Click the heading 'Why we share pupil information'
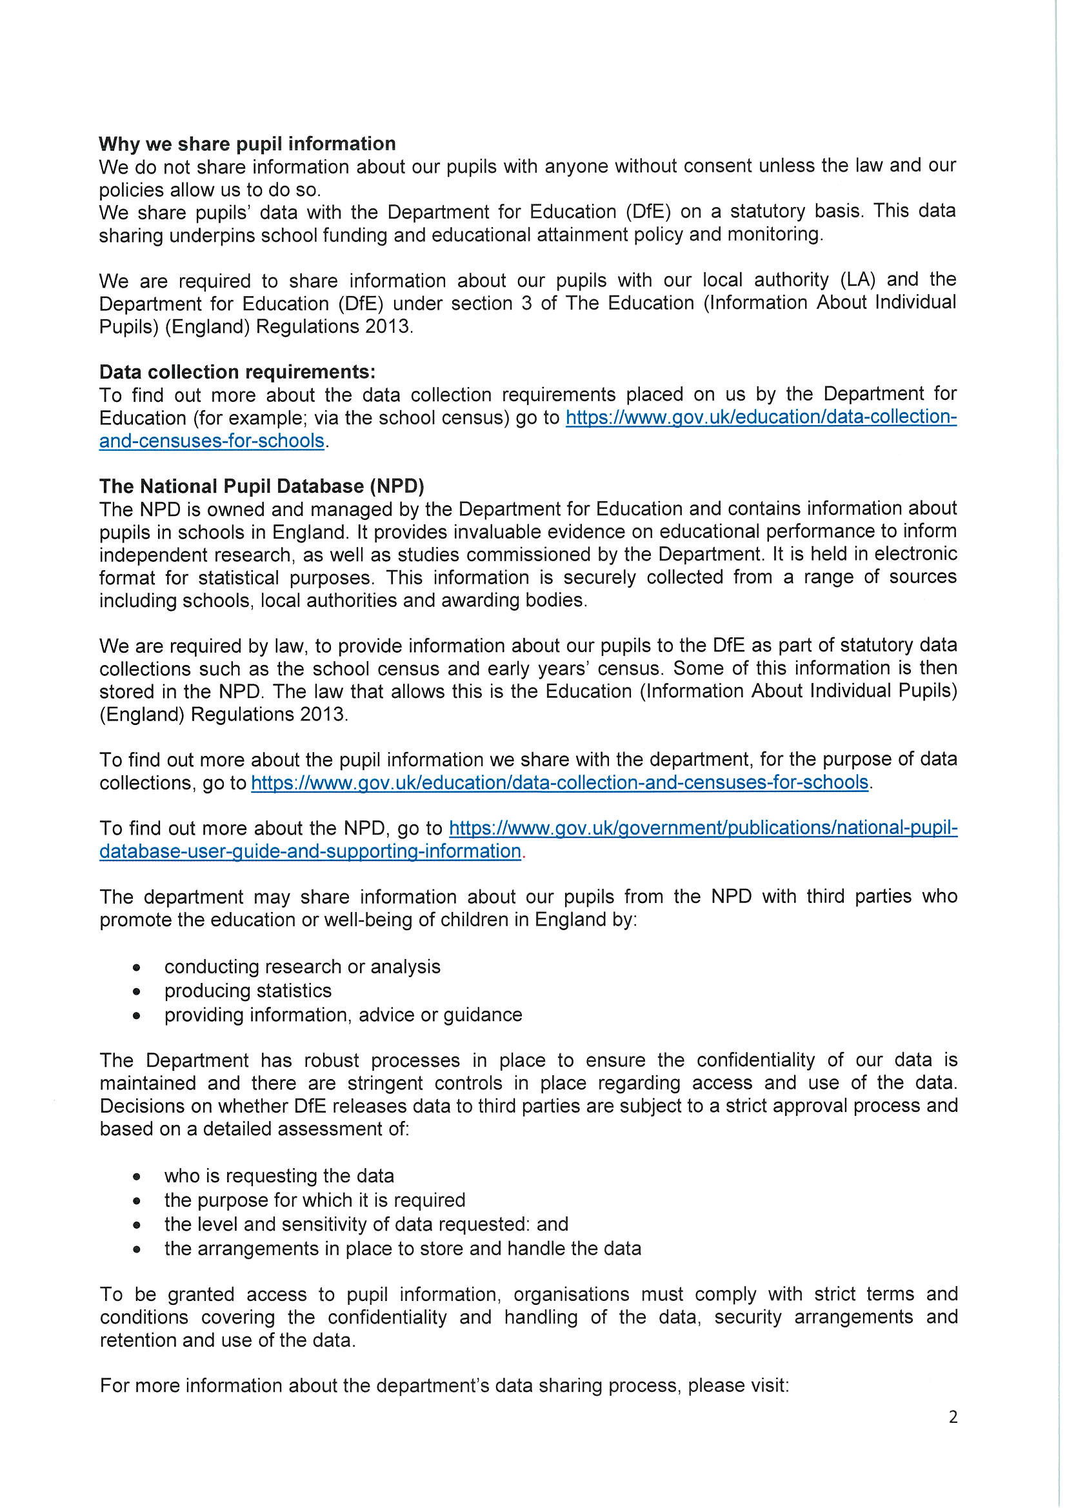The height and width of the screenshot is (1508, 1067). [247, 144]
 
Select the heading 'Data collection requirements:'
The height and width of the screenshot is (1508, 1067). [237, 372]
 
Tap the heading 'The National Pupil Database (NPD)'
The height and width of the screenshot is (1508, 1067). [261, 486]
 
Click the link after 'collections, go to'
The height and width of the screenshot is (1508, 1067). [559, 782]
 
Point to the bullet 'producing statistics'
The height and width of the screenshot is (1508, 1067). [248, 991]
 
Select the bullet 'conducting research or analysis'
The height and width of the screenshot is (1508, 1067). [302, 967]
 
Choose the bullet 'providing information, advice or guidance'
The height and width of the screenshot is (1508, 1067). [343, 1015]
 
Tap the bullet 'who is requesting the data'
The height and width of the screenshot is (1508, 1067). [279, 1176]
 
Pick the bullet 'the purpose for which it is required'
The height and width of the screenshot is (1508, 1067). [315, 1200]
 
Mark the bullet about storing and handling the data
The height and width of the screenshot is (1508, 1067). [403, 1248]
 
